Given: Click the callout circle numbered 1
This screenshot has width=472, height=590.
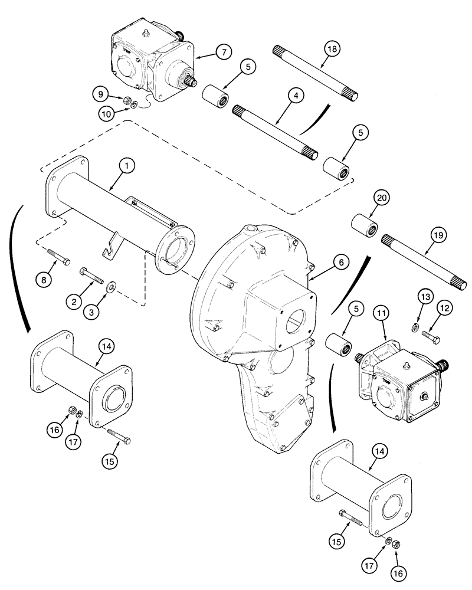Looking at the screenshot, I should tap(126, 167).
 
